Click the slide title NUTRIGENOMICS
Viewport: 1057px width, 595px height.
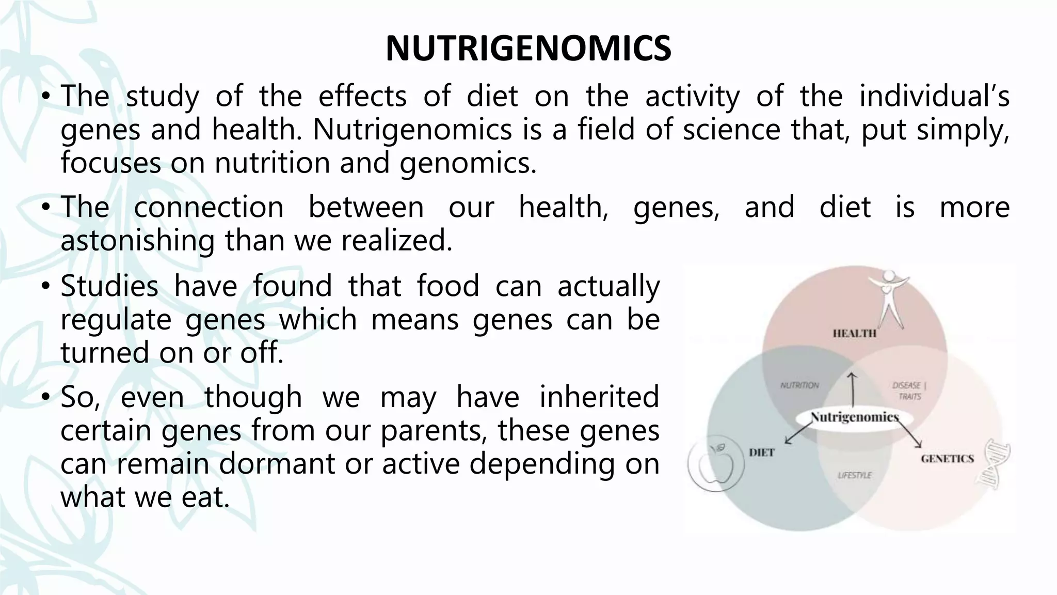528,49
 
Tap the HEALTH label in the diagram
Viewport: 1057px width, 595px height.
854,334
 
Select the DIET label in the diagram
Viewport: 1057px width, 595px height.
761,453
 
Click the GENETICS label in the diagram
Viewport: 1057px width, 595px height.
947,459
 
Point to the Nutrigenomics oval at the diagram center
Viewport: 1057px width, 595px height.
854,417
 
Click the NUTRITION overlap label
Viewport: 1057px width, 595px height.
799,385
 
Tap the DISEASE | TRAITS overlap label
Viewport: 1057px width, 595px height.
909,391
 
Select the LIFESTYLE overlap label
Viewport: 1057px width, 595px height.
855,475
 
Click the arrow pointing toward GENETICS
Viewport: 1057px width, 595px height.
911,435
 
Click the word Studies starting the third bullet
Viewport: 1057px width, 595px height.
109,286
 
